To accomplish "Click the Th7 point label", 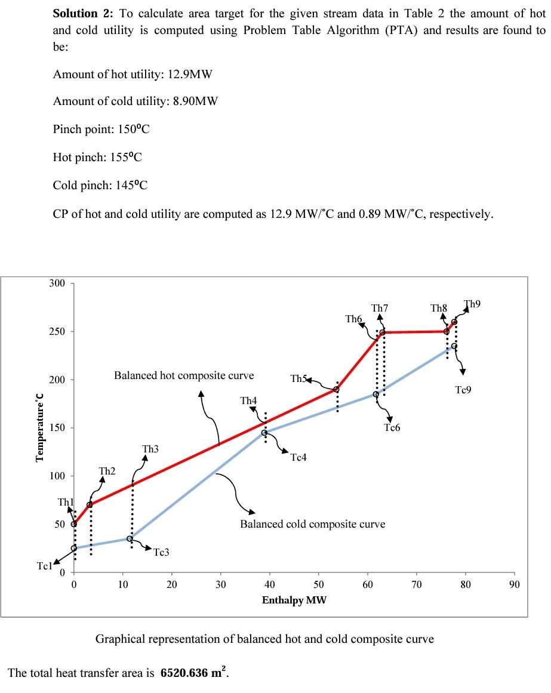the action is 380,308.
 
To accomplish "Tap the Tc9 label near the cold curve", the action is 463,390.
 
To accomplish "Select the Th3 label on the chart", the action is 150,449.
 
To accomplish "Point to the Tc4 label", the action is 298,457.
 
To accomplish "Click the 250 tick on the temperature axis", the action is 57,331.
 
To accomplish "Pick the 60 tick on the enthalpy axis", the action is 368,585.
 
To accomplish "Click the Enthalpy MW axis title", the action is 294,600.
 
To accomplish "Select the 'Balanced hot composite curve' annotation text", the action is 184,375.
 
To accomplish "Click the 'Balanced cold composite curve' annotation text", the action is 312,524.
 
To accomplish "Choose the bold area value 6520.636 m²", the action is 193,672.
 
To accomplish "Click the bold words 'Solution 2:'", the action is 82,14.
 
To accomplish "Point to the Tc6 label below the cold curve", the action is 392,427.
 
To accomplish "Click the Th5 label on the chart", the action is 298,379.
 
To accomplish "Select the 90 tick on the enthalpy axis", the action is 515,585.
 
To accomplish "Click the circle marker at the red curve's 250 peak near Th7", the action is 382,332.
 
